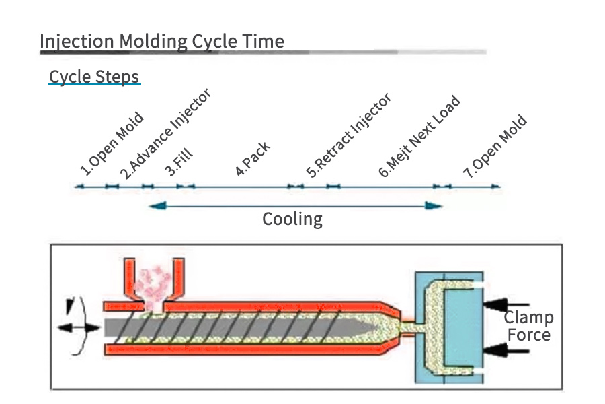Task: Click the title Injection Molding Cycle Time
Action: coord(161,41)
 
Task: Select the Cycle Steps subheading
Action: coord(94,76)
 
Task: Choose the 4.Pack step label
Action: coord(253,159)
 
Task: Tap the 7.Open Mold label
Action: coord(495,147)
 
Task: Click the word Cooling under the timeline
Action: coord(292,219)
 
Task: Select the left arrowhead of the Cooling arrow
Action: coord(157,205)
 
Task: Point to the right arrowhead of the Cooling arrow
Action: coord(436,205)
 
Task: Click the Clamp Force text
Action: coord(528,326)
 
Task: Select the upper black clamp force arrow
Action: coord(507,305)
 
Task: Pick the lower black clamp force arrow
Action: coord(507,349)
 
